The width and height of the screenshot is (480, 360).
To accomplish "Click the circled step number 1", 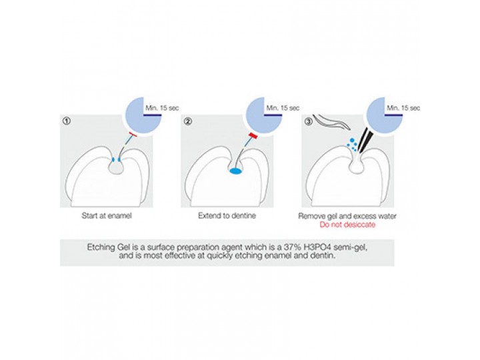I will click(66, 121).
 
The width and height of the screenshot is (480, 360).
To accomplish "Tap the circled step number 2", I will click(188, 121).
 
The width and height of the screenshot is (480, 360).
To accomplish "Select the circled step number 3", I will click(308, 121).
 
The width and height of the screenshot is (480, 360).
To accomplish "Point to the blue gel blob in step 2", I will click(236, 171).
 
